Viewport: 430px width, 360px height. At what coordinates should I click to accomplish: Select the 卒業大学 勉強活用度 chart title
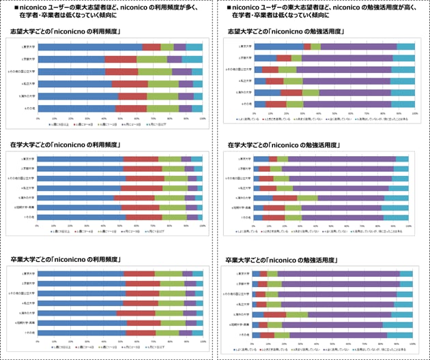click(x=280, y=260)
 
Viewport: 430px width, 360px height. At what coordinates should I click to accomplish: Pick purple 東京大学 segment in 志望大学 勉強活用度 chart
click(x=359, y=46)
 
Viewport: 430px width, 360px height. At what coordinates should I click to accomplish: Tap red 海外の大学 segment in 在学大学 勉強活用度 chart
click(x=285, y=198)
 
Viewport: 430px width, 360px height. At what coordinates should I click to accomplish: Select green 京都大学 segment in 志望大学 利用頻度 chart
click(x=152, y=59)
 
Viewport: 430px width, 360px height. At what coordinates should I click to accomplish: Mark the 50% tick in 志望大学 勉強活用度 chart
click(x=334, y=112)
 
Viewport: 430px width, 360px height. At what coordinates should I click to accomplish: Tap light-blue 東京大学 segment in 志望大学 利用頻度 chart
click(x=194, y=47)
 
